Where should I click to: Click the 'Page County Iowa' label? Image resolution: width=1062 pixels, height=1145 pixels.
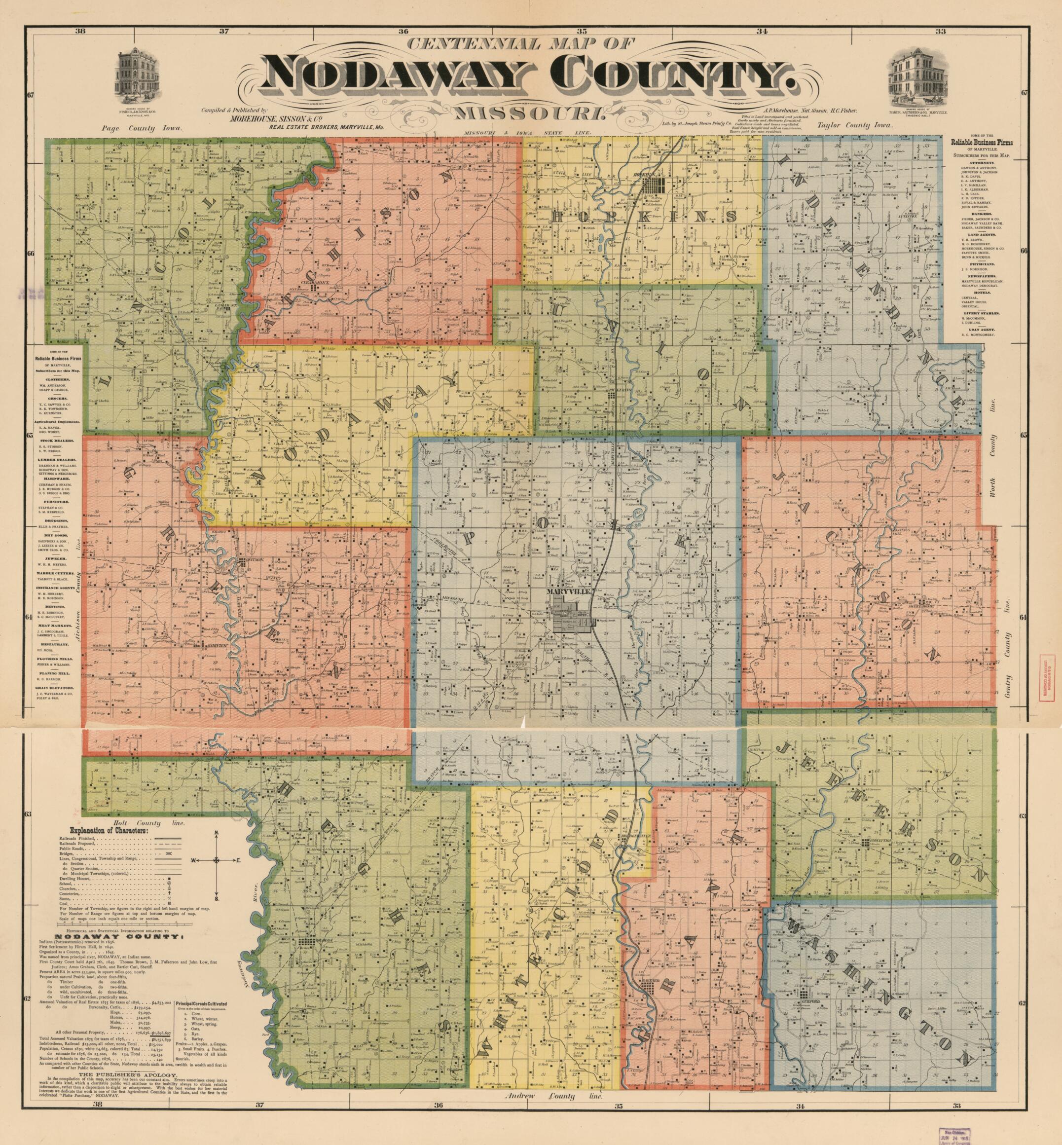click(141, 129)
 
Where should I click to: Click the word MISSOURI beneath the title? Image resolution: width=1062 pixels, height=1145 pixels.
click(529, 114)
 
